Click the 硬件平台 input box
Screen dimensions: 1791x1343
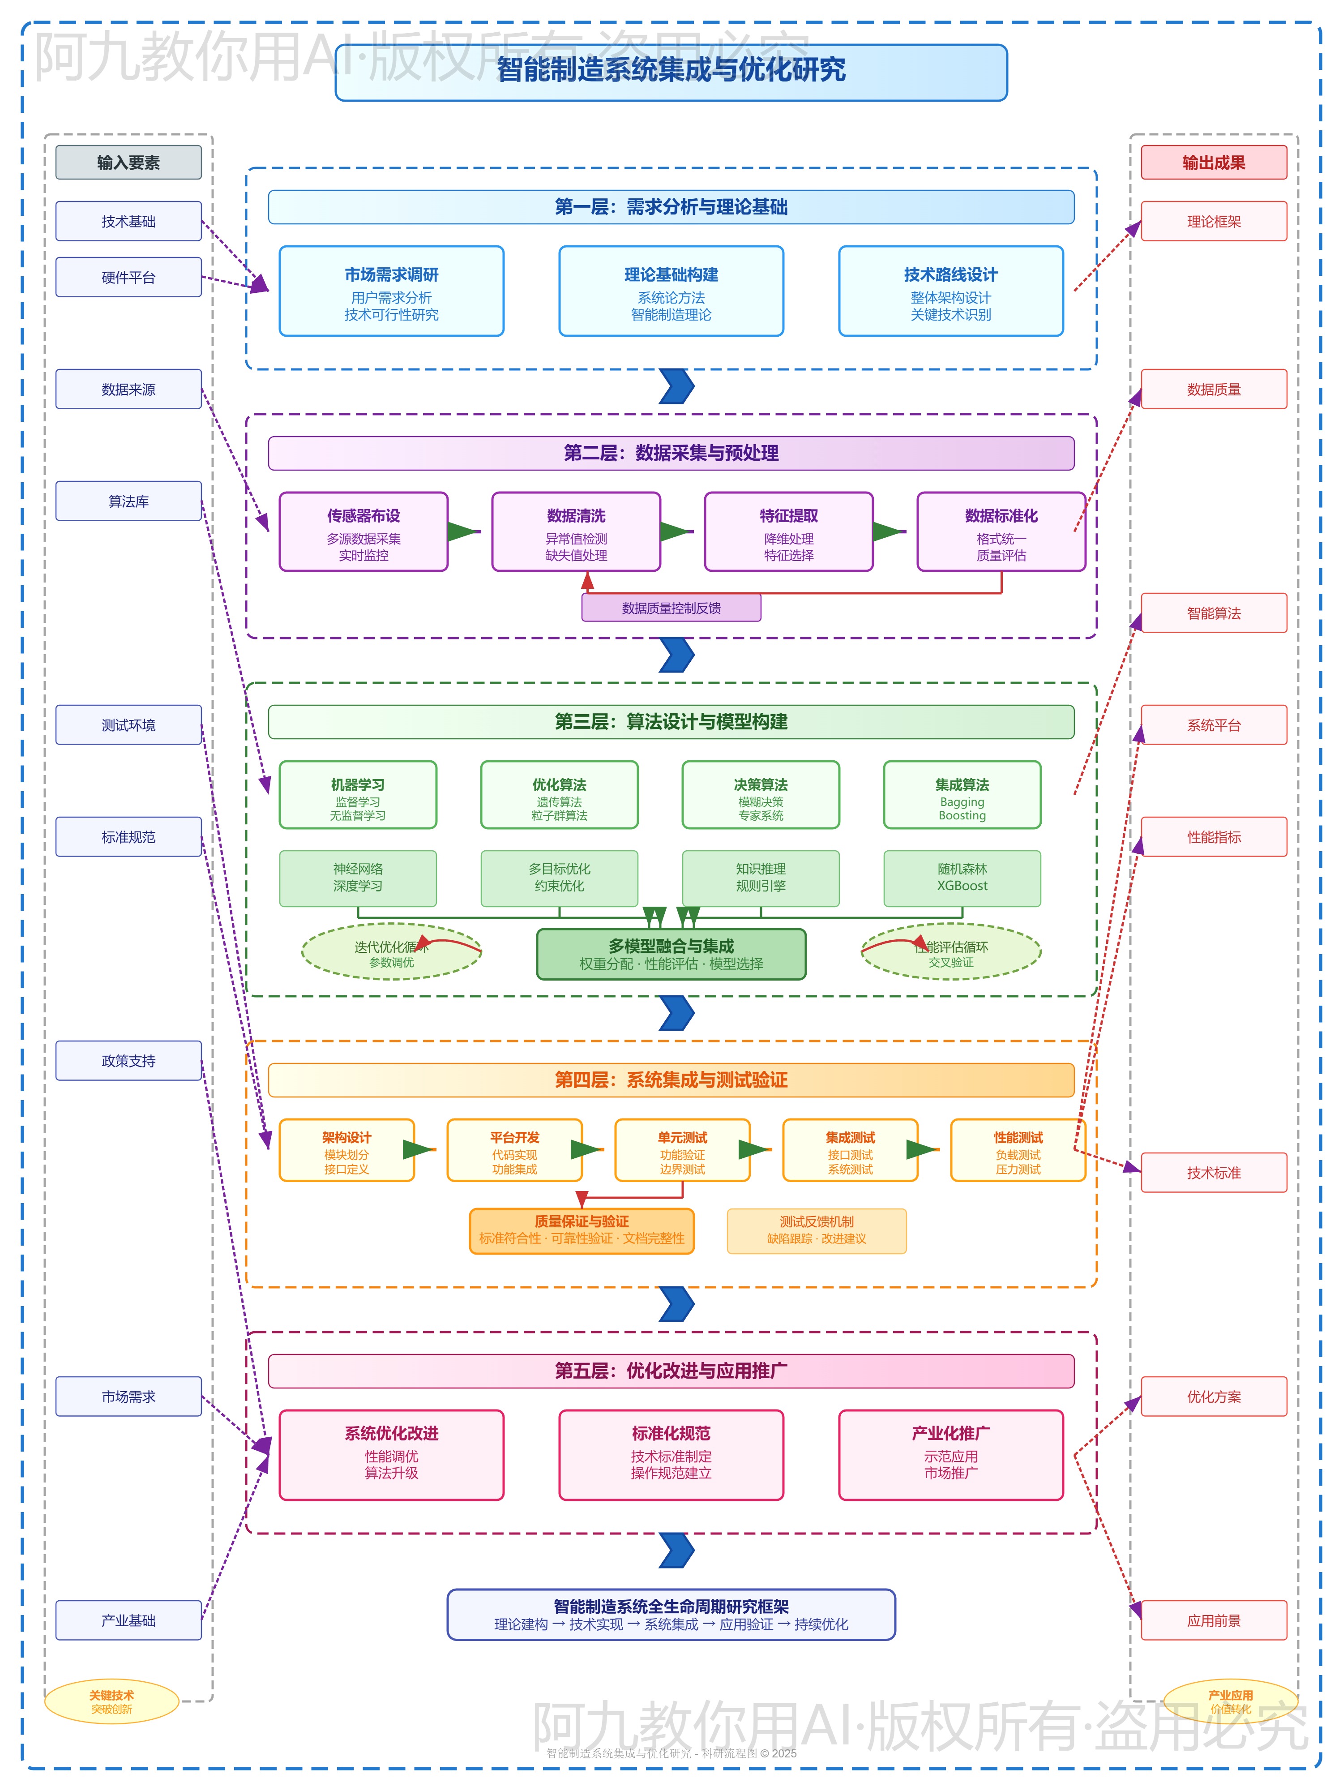[x=128, y=277]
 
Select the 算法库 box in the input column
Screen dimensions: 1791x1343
[x=128, y=501]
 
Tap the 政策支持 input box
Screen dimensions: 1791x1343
[x=128, y=1061]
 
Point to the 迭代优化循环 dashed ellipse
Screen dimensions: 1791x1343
[x=391, y=952]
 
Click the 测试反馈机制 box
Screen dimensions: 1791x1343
[x=816, y=1231]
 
